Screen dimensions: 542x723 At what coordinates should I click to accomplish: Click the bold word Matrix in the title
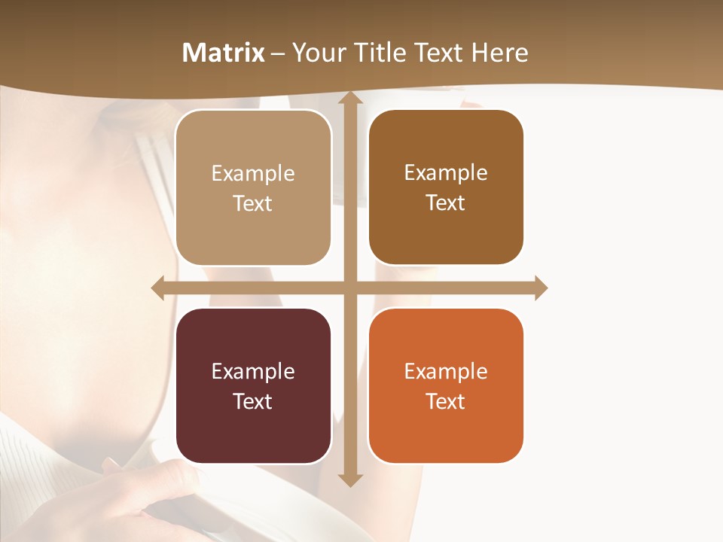point(224,53)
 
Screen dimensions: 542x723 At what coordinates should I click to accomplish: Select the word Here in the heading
point(499,53)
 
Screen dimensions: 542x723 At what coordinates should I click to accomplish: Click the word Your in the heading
point(319,53)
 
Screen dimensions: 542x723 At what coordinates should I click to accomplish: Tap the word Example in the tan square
point(253,174)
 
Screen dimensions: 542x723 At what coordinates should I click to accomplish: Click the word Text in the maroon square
point(253,401)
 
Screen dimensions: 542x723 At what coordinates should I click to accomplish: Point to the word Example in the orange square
point(446,371)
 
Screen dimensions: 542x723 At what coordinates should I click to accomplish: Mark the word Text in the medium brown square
point(446,203)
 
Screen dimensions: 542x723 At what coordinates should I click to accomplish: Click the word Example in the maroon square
point(253,371)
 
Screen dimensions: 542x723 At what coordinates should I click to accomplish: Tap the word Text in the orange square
point(446,401)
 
